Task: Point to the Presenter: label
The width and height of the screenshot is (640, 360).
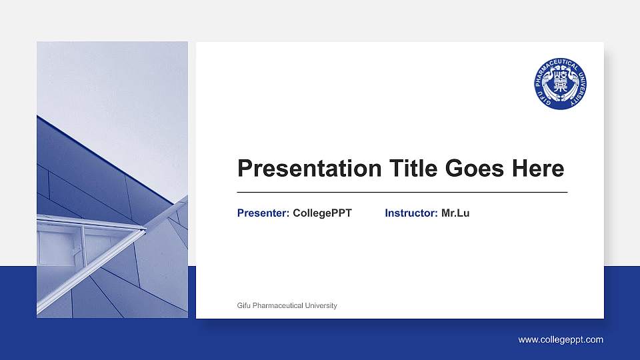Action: click(x=263, y=213)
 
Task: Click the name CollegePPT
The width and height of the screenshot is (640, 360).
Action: click(x=322, y=213)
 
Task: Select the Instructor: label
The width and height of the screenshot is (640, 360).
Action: click(x=411, y=213)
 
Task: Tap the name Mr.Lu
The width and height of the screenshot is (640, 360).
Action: click(x=455, y=213)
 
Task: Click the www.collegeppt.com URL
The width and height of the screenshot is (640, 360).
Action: click(x=561, y=340)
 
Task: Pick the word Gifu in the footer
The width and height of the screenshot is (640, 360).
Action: click(x=244, y=306)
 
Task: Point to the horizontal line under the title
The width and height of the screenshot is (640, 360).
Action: click(x=402, y=192)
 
